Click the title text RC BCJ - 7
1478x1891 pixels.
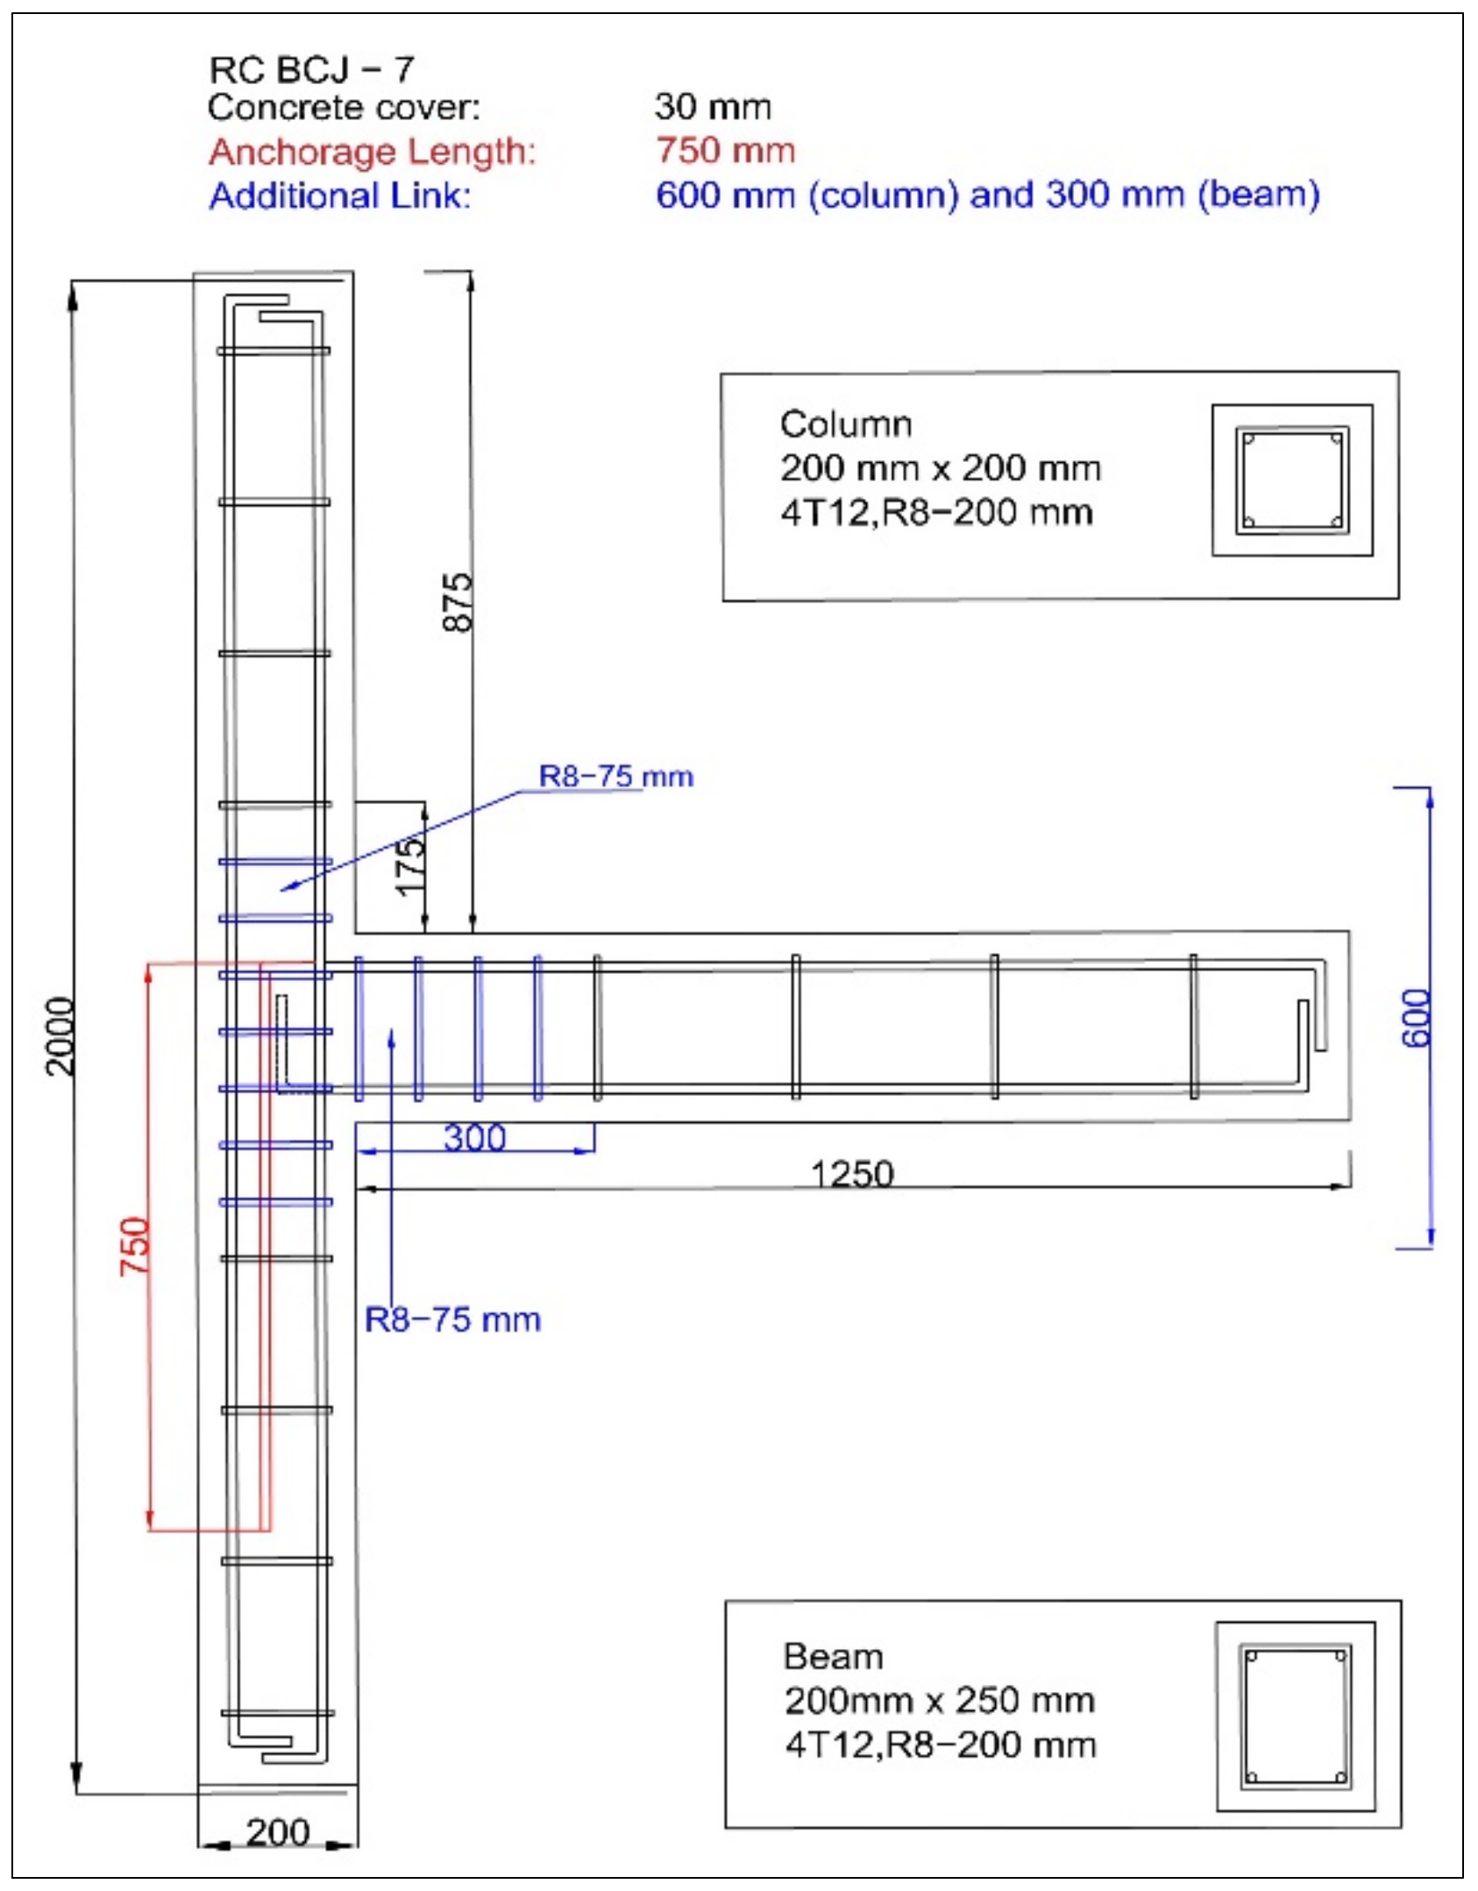tap(311, 68)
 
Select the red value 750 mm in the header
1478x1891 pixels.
tap(725, 150)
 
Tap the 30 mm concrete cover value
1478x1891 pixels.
tap(712, 106)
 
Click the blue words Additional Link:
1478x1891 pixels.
tap(340, 195)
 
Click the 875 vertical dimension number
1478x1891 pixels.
tap(457, 601)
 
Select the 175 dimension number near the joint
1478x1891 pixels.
tap(410, 866)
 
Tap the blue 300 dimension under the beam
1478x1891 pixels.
tap(474, 1138)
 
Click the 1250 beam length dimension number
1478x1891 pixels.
tap(852, 1173)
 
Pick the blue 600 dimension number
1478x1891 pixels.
tap(1415, 1018)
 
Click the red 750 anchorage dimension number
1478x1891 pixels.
tap(135, 1246)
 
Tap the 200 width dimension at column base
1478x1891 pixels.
tap(278, 1832)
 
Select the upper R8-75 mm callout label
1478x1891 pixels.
tap(615, 776)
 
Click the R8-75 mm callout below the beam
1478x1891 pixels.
tap(452, 1319)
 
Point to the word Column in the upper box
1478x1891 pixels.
tap(846, 423)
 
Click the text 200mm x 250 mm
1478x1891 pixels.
tap(940, 1700)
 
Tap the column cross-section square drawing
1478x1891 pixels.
tap(1291, 480)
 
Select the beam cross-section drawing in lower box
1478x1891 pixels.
tap(1295, 1717)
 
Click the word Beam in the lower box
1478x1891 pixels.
tap(833, 1656)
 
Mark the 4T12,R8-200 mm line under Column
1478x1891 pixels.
tap(936, 512)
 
